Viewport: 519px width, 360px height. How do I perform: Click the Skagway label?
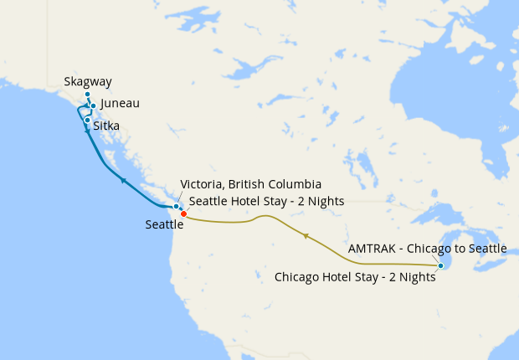point(88,82)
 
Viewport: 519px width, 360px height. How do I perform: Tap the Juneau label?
point(120,104)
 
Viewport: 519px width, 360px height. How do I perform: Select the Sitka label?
point(106,126)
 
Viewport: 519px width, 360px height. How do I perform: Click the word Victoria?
point(203,184)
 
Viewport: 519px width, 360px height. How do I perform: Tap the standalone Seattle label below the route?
point(164,224)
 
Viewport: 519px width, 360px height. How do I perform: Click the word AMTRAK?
point(373,249)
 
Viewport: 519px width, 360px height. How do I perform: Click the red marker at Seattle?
point(183,213)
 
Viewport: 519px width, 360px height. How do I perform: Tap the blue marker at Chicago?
point(440,266)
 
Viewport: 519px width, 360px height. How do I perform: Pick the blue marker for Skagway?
point(87,95)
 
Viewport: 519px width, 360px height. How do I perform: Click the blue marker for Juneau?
point(92,106)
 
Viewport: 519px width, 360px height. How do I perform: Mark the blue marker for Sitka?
point(87,120)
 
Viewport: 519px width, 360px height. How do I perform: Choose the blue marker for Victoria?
point(176,206)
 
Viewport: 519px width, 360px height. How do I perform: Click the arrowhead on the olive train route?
point(306,237)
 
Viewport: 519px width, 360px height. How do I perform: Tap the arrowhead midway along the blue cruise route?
point(123,179)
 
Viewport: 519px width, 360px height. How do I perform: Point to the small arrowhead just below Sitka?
point(87,132)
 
